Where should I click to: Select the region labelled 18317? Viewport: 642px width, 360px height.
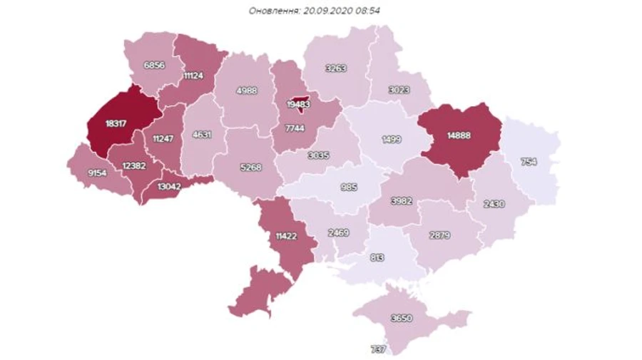point(116,123)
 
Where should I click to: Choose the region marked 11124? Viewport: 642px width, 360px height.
point(195,75)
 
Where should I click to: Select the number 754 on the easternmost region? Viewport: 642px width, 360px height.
point(528,162)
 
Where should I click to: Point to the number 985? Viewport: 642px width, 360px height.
point(347,187)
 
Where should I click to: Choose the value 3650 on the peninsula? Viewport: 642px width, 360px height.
point(403,319)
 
